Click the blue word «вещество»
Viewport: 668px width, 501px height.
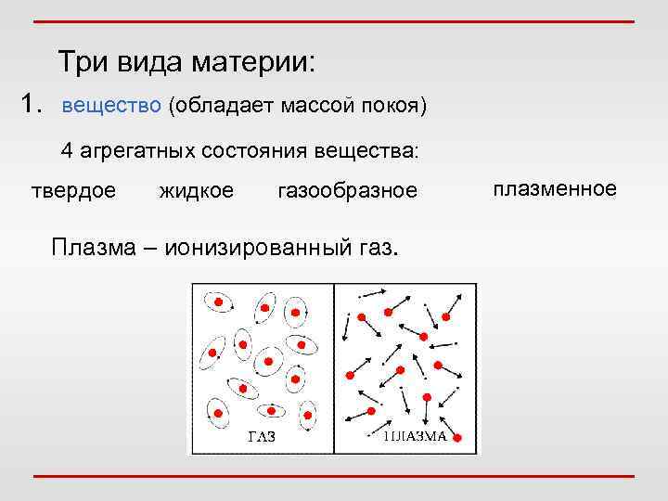pyautogui.click(x=111, y=106)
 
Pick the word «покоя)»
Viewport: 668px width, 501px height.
pyautogui.click(x=393, y=106)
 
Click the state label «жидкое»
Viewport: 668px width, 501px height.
pyautogui.click(x=197, y=191)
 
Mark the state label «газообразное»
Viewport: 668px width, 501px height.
pyautogui.click(x=348, y=191)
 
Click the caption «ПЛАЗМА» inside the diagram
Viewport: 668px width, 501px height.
pyautogui.click(x=416, y=436)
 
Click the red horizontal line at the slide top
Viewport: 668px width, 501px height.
pyautogui.click(x=334, y=20)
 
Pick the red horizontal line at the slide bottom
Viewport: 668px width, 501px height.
pyautogui.click(x=334, y=476)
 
